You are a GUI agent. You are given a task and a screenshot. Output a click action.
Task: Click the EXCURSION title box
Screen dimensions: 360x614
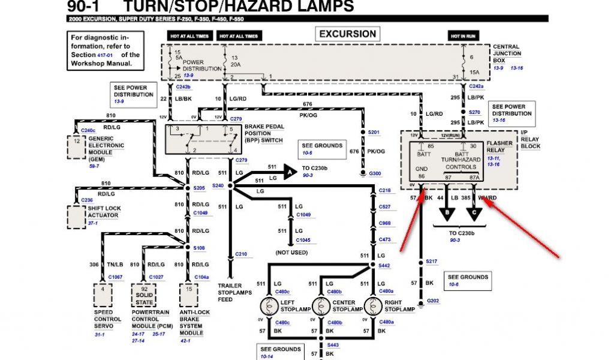point(348,34)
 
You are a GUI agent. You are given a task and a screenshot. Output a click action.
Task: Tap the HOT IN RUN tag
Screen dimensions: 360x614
point(463,37)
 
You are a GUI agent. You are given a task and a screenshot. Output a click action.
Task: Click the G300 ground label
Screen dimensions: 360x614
point(375,173)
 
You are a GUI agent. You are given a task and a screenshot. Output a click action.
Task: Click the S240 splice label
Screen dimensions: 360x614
point(218,185)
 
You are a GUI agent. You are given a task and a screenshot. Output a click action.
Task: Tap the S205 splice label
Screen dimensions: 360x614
point(199,188)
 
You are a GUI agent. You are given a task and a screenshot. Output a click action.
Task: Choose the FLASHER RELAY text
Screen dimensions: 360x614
point(499,147)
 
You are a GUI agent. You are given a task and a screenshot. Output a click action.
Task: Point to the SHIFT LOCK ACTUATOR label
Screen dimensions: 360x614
point(105,212)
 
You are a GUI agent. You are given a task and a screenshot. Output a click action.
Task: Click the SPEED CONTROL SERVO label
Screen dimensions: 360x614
point(107,320)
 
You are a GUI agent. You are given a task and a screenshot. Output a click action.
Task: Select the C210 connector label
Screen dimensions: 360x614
point(240,254)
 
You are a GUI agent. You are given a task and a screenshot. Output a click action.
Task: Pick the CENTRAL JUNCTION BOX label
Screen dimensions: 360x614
point(507,53)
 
